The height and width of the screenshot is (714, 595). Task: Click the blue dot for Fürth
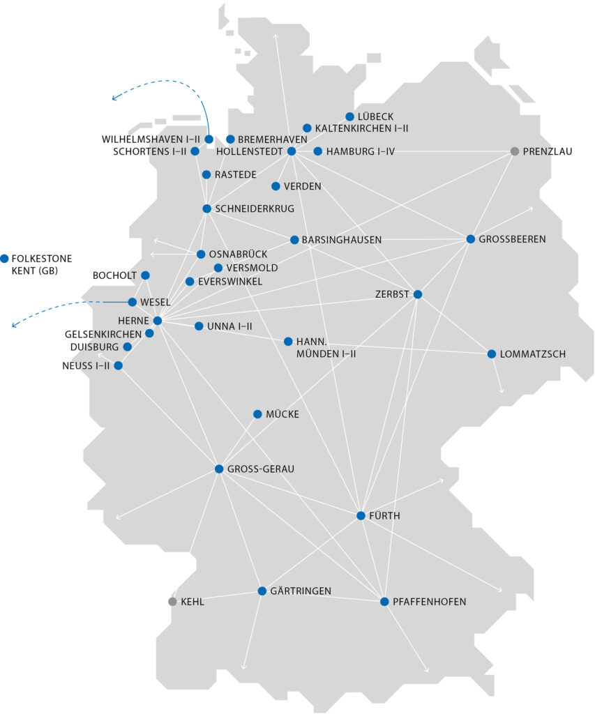click(361, 516)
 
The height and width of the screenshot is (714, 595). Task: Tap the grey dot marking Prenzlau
click(515, 151)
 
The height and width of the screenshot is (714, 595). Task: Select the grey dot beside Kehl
click(172, 602)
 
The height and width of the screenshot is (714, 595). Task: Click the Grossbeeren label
click(512, 239)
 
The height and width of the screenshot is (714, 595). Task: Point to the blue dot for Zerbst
click(417, 294)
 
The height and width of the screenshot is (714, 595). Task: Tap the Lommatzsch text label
click(533, 354)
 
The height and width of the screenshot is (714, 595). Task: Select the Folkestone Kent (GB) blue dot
click(5, 258)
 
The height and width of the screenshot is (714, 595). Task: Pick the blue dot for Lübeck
click(350, 116)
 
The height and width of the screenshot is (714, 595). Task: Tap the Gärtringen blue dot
click(262, 591)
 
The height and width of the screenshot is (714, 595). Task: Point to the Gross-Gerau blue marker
click(219, 469)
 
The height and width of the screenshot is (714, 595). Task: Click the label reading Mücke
click(283, 414)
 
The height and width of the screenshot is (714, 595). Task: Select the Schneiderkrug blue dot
click(206, 208)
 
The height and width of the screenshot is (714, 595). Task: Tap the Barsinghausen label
click(342, 240)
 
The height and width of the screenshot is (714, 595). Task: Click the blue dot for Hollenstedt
click(292, 151)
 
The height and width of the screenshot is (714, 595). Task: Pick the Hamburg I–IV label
click(360, 151)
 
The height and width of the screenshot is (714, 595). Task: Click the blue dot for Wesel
click(133, 302)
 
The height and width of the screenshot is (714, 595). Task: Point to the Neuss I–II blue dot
click(118, 365)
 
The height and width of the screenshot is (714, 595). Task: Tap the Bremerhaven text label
click(273, 139)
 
